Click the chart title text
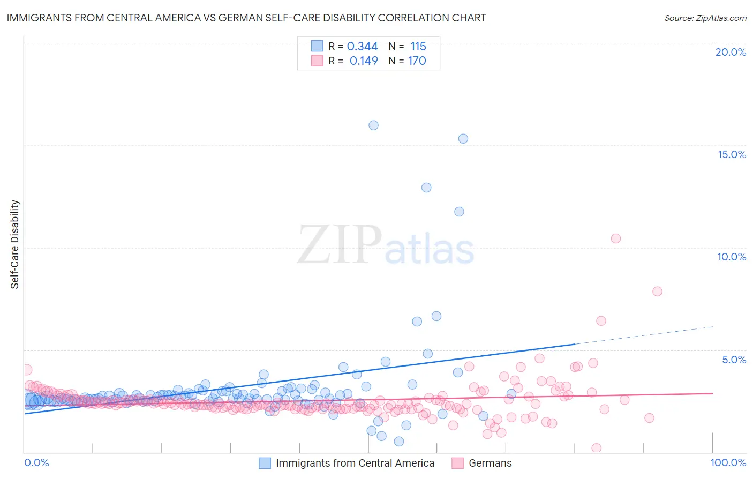[246, 18]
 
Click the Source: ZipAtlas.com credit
[705, 18]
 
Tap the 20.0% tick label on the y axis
[731, 52]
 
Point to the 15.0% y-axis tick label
[732, 154]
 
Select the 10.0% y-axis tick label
[732, 257]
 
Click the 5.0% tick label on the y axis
[734, 360]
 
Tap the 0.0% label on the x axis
[36, 462]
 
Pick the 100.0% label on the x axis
[728, 462]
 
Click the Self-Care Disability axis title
[15, 244]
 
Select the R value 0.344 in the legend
[363, 46]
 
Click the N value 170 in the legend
[417, 61]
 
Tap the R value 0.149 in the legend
[364, 61]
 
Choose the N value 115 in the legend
[418, 46]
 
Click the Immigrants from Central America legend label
[355, 463]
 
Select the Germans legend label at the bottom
[490, 463]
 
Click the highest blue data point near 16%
[373, 125]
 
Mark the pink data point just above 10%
[616, 238]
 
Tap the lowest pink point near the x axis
[596, 448]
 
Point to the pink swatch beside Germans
[457, 463]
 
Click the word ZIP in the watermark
[340, 245]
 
